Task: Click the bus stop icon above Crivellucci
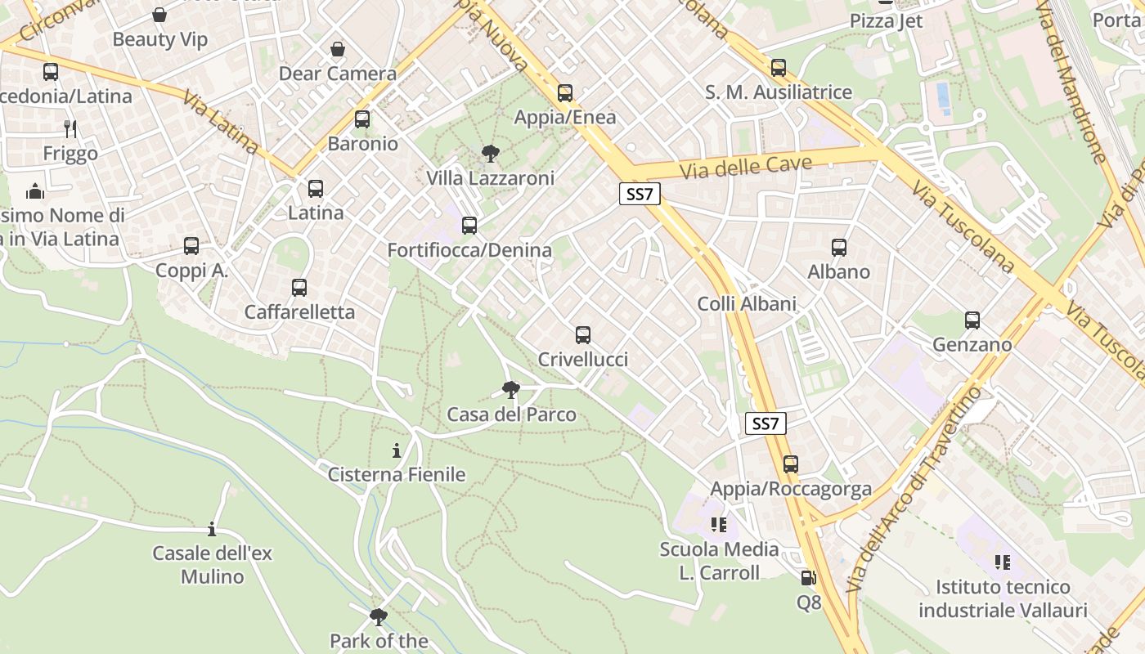(x=583, y=334)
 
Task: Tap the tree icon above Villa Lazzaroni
(x=491, y=153)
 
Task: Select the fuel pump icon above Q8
(x=808, y=578)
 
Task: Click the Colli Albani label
(x=747, y=304)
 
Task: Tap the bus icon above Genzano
(x=972, y=320)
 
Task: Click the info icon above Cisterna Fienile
(x=397, y=450)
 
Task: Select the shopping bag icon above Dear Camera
(x=338, y=50)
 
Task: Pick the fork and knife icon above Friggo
(x=70, y=128)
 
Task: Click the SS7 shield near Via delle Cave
(x=640, y=194)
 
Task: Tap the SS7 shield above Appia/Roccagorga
(x=766, y=423)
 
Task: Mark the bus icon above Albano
(x=839, y=247)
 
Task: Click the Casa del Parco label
(x=511, y=414)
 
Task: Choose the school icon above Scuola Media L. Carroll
(x=719, y=524)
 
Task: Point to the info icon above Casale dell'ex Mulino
(x=212, y=529)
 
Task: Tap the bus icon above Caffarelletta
(x=299, y=287)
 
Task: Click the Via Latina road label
(x=220, y=124)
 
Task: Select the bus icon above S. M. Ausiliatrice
(x=779, y=68)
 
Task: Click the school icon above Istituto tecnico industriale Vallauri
(x=1003, y=562)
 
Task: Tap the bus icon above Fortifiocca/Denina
(x=469, y=225)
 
